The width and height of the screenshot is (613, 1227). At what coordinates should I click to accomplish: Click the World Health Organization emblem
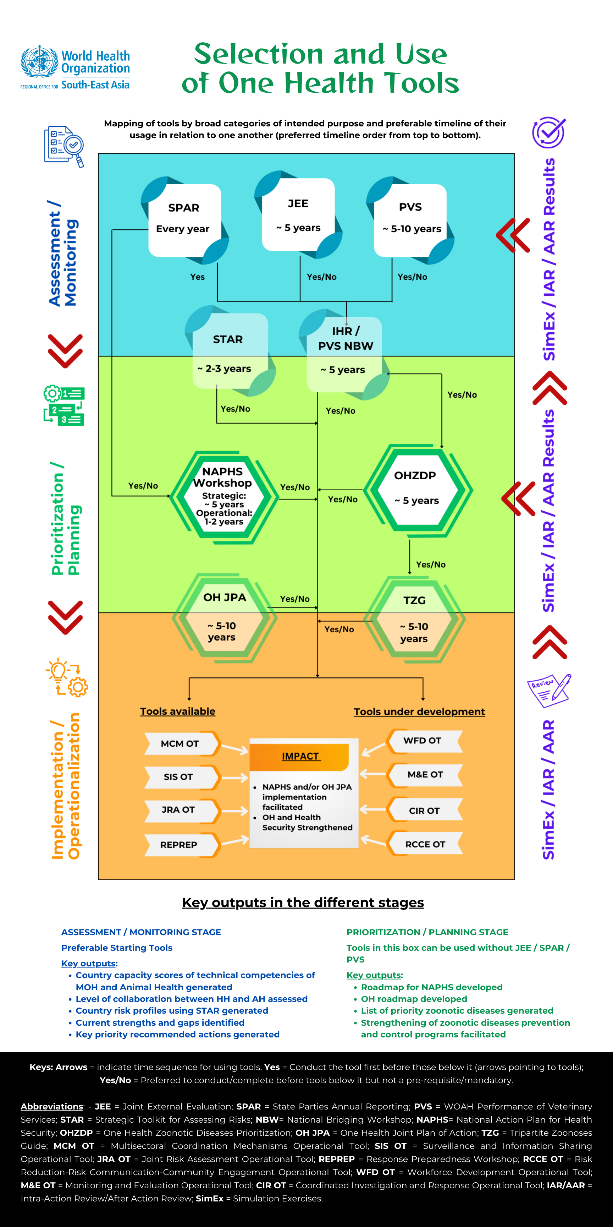tap(39, 62)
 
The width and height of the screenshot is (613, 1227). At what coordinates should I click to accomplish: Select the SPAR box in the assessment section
tap(184, 219)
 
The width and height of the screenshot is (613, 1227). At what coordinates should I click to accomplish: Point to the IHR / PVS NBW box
tap(345, 353)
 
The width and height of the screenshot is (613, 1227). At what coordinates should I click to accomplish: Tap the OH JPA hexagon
tap(224, 618)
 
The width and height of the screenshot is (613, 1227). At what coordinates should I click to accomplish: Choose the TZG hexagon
tap(414, 619)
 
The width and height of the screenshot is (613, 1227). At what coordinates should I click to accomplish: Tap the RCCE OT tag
tap(425, 844)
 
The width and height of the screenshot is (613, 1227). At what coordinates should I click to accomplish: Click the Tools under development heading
tap(419, 711)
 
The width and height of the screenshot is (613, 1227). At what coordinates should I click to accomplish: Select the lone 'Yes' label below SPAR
tap(198, 277)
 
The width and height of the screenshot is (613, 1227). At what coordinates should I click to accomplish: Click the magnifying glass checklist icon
tap(64, 146)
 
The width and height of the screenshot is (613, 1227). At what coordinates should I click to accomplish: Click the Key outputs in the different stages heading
tap(303, 902)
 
